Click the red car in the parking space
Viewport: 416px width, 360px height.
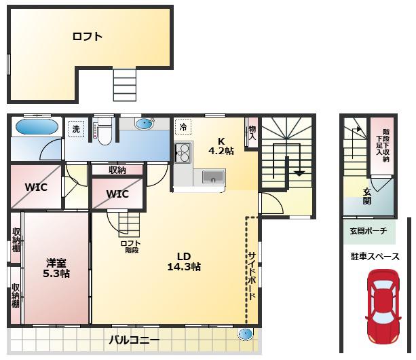(x=383, y=307)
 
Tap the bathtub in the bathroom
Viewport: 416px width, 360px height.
(x=37, y=127)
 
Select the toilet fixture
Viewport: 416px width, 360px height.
(x=105, y=131)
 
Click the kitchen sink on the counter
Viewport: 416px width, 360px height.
(x=213, y=177)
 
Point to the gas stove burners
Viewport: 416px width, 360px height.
(x=183, y=153)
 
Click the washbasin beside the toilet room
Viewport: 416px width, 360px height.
(x=145, y=124)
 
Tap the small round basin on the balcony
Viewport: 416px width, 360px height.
(x=245, y=334)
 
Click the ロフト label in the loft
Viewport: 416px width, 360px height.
(x=88, y=37)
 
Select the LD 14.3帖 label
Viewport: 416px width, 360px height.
(x=184, y=262)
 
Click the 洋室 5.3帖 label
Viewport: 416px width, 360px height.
(x=56, y=268)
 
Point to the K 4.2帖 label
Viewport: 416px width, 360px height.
(x=221, y=146)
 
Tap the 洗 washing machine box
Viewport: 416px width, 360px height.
(x=76, y=129)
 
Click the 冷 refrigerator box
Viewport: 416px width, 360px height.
(x=183, y=127)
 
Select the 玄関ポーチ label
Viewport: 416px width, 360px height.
(x=368, y=231)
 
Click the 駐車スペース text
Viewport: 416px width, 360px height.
(x=375, y=257)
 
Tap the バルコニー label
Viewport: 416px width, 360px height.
(x=134, y=340)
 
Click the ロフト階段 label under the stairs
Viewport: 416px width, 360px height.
(x=130, y=247)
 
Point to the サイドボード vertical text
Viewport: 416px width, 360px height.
(x=252, y=276)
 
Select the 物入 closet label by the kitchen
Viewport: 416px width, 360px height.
(x=252, y=133)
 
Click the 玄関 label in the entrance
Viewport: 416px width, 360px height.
(x=367, y=196)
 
